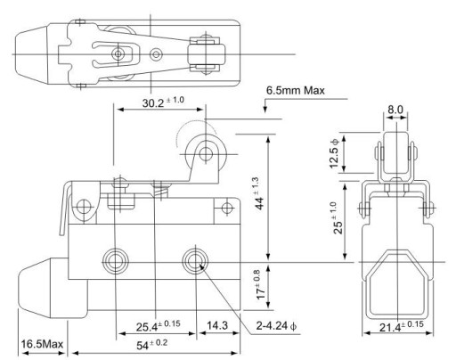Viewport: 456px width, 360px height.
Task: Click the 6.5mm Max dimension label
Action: tap(296, 90)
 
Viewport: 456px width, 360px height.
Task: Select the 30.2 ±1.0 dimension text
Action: tap(163, 102)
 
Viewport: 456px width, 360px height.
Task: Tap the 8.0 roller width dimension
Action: tap(395, 110)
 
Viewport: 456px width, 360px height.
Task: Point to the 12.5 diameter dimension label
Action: tap(334, 153)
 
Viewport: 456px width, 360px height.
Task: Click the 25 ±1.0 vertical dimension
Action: tap(337, 217)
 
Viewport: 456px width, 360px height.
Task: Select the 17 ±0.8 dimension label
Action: tap(259, 284)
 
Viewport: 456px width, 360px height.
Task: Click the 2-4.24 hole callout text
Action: tap(276, 326)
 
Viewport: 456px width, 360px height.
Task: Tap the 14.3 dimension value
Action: tap(217, 325)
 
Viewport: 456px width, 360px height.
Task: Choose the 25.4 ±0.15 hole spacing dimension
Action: tap(159, 326)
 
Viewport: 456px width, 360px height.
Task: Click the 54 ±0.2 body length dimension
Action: tap(151, 345)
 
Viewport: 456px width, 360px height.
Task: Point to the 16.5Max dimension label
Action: tap(42, 344)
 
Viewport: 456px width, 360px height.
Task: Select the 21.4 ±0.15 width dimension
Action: tap(402, 326)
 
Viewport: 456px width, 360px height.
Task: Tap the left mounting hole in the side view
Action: tap(115, 262)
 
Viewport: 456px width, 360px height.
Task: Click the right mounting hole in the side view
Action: tap(195, 262)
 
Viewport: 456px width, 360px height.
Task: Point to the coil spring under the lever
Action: tap(160, 190)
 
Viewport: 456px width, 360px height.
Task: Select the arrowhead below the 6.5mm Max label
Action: tap(265, 110)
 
